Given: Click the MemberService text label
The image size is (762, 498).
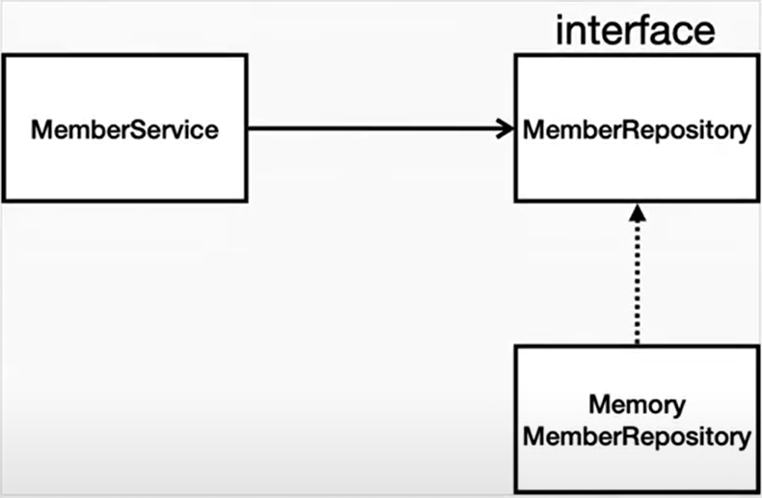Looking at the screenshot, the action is (x=124, y=130).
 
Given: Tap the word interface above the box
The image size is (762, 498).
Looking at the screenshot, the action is (x=636, y=30).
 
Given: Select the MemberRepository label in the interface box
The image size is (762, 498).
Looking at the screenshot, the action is (x=638, y=130).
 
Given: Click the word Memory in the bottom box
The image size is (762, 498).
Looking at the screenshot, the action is (x=638, y=405).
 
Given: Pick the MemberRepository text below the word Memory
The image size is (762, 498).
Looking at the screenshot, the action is (x=638, y=436).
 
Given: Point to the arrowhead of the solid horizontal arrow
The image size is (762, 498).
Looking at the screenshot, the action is (x=505, y=128).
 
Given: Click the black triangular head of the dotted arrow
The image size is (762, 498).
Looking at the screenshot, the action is (x=638, y=213).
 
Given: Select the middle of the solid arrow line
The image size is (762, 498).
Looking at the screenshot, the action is (x=381, y=128).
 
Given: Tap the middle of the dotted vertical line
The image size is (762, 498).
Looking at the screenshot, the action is (x=638, y=283).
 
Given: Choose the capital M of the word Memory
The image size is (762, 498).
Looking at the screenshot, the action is (x=599, y=404).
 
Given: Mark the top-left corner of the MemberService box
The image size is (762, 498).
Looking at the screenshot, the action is (x=4, y=55).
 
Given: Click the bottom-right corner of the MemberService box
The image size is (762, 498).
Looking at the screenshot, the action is (x=246, y=201).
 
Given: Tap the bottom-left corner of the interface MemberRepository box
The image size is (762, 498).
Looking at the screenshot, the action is (x=516, y=201).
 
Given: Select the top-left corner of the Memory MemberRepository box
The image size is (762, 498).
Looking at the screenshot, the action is (x=516, y=346).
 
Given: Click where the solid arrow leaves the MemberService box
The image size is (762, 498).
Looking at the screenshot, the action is (x=248, y=128).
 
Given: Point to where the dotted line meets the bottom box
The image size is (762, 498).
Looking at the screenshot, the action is (x=638, y=345).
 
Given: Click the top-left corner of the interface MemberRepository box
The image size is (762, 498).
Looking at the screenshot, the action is (x=516, y=56).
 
